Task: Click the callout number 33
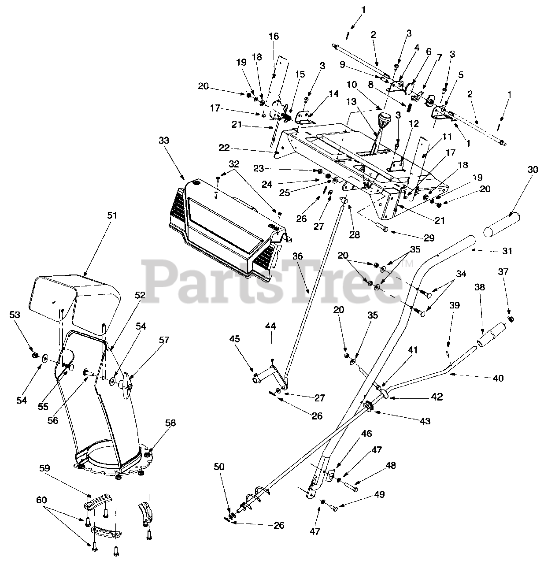[x=164, y=141]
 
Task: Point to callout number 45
[x=234, y=340]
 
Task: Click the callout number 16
[x=274, y=36]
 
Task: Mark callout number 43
[x=425, y=421]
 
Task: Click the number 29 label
[x=429, y=238]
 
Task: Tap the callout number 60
[x=41, y=500]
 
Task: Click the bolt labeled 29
[x=381, y=228]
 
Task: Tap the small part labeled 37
[x=511, y=319]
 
